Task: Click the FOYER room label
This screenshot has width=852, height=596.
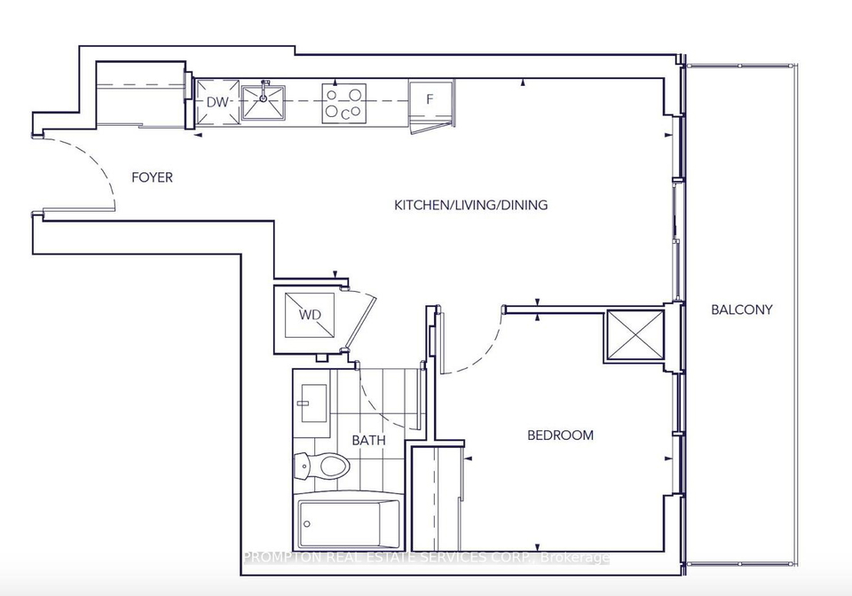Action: coord(152,177)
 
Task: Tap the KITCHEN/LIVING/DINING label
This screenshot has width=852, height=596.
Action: coord(470,205)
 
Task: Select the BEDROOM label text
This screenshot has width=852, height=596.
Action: coord(560,435)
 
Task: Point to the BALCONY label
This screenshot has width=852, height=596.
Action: coord(742,310)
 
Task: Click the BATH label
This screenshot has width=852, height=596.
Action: coord(368,440)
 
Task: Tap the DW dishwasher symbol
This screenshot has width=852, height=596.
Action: coord(218,102)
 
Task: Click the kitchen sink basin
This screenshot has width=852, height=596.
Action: coord(264,102)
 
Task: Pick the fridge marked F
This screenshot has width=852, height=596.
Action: coord(431,103)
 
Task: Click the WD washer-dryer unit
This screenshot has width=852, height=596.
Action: coord(309,315)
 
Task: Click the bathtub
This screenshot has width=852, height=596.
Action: coord(349,524)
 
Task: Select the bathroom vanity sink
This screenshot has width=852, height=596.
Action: coord(313,404)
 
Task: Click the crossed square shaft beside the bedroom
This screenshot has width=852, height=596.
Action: coord(635,335)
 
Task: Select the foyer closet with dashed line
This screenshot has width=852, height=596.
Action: coord(141,94)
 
